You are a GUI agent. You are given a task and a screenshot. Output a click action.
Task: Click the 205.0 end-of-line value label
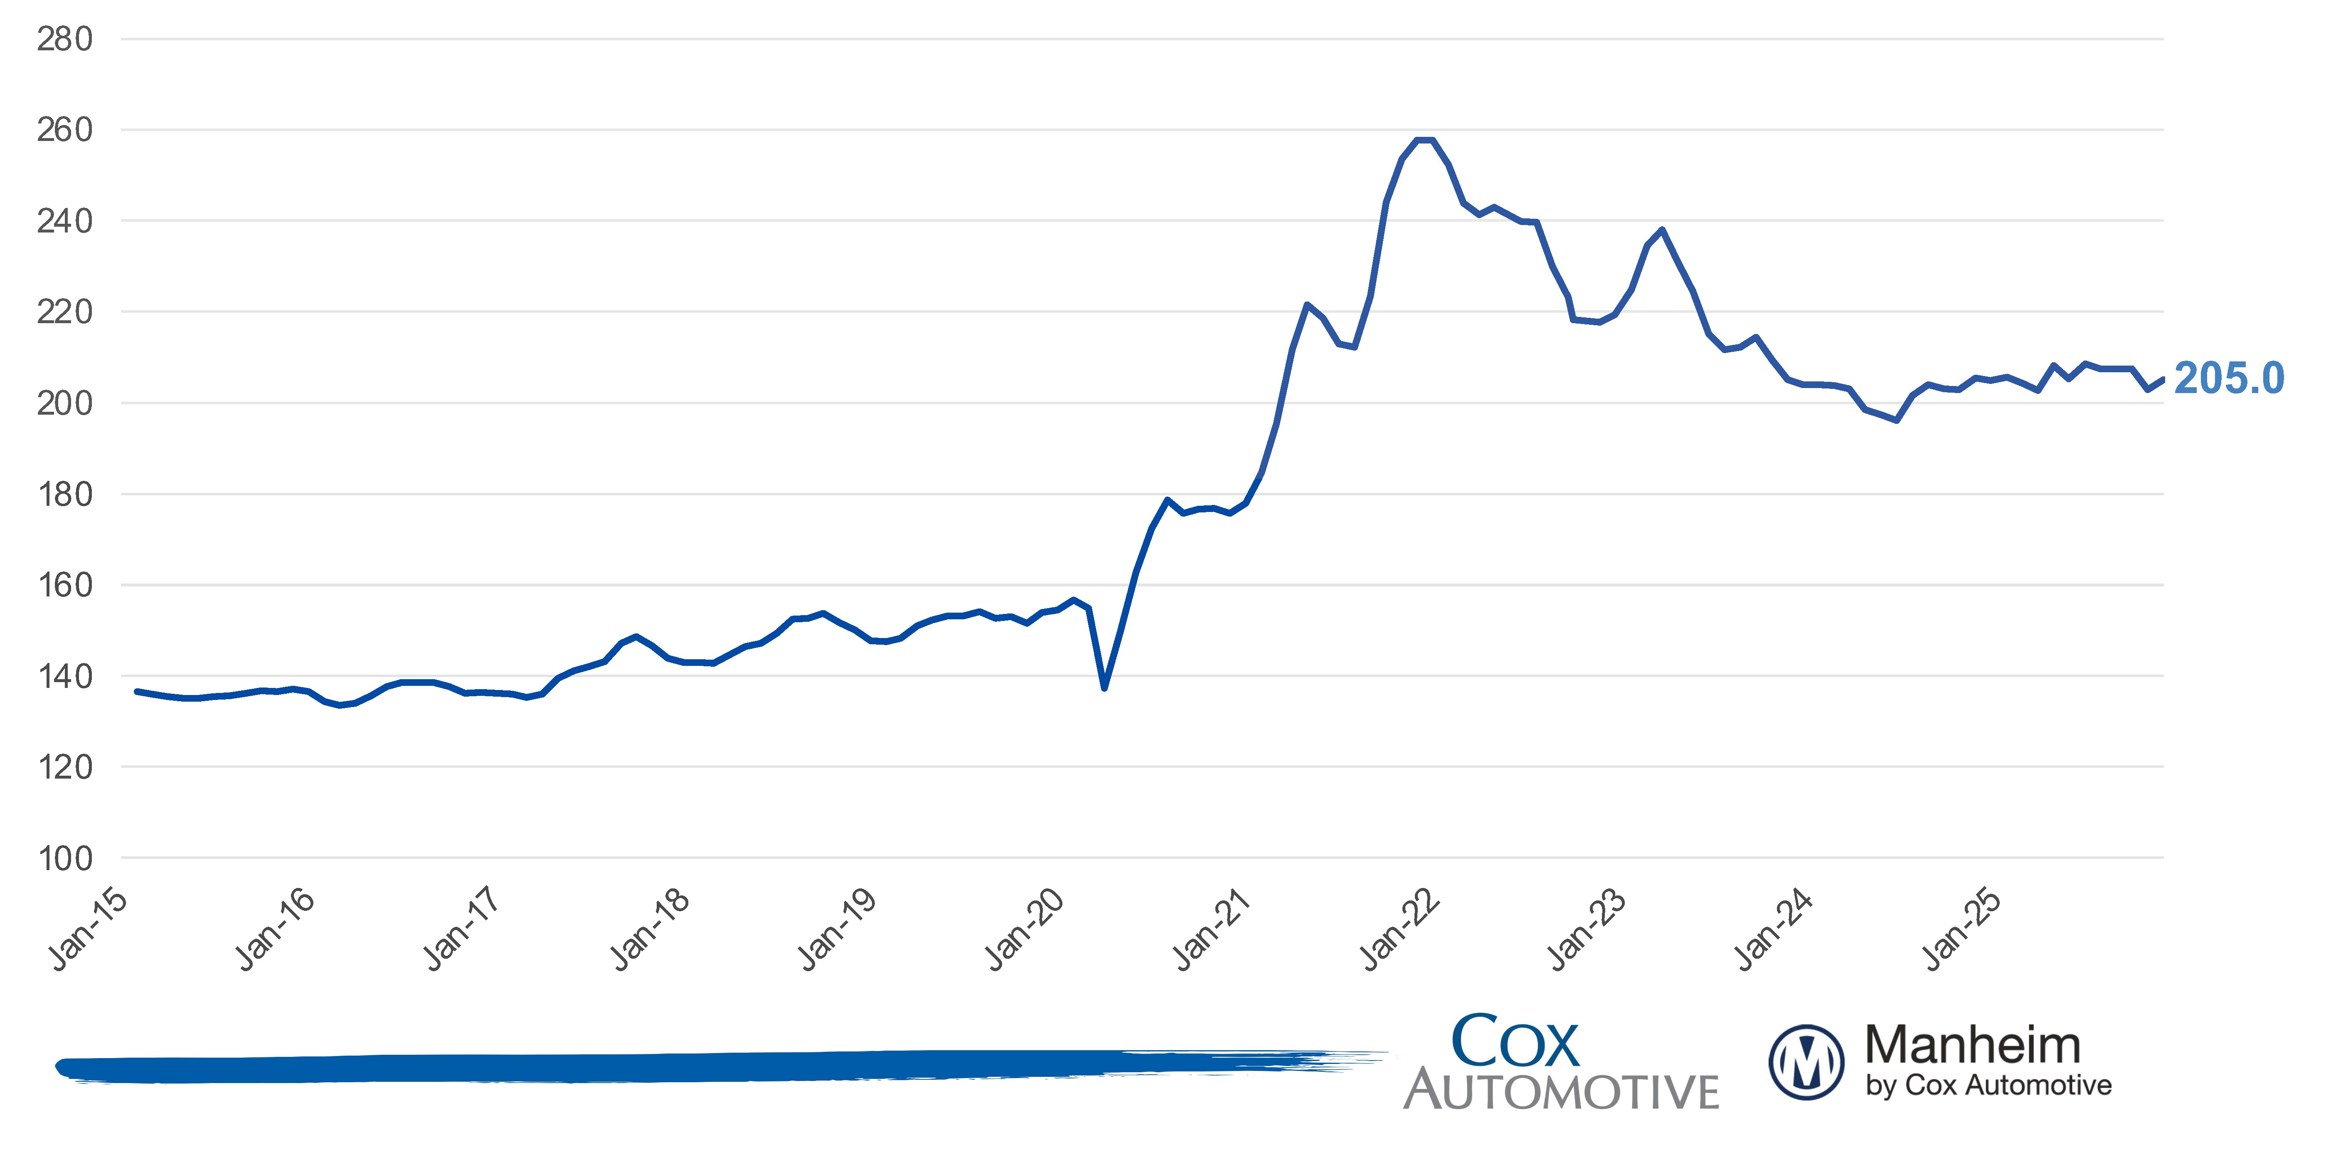pos(2228,378)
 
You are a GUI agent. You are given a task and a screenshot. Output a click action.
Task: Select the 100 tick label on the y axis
pos(64,858)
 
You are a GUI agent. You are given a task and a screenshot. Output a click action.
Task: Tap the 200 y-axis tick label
pos(64,403)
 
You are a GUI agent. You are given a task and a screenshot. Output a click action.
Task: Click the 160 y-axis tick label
pos(64,586)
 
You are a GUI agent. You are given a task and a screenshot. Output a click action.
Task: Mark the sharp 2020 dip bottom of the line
pos(1104,688)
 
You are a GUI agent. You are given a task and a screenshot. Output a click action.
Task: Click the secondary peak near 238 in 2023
pos(1662,230)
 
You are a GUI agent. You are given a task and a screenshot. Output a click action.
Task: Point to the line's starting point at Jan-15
pos(136,691)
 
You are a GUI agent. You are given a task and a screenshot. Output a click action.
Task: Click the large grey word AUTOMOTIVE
pos(1561,1091)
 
